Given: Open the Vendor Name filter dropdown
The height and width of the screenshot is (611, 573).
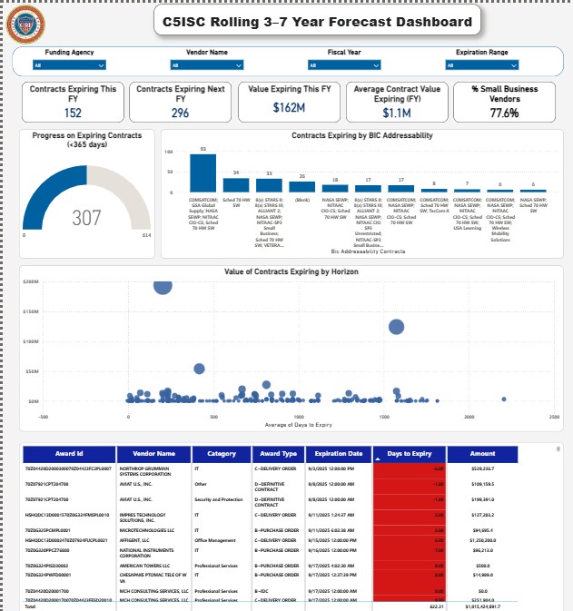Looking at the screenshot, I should click(207, 64).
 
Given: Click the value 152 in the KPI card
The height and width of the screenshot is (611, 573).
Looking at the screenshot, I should click(73, 113).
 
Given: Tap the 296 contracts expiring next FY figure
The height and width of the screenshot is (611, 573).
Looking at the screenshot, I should click(180, 113).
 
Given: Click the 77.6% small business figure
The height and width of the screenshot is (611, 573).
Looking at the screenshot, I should click(504, 113).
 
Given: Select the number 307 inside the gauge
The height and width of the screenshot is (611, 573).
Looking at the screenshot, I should click(86, 218).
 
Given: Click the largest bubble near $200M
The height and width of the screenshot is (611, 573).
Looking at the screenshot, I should click(163, 284).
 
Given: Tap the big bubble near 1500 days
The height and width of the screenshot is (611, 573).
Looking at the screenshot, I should click(396, 327).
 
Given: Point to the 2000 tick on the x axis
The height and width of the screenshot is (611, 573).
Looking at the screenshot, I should click(469, 417).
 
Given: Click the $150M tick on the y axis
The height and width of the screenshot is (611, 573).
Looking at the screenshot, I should click(30, 311).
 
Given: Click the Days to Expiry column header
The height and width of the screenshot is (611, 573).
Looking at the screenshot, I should click(408, 453).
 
